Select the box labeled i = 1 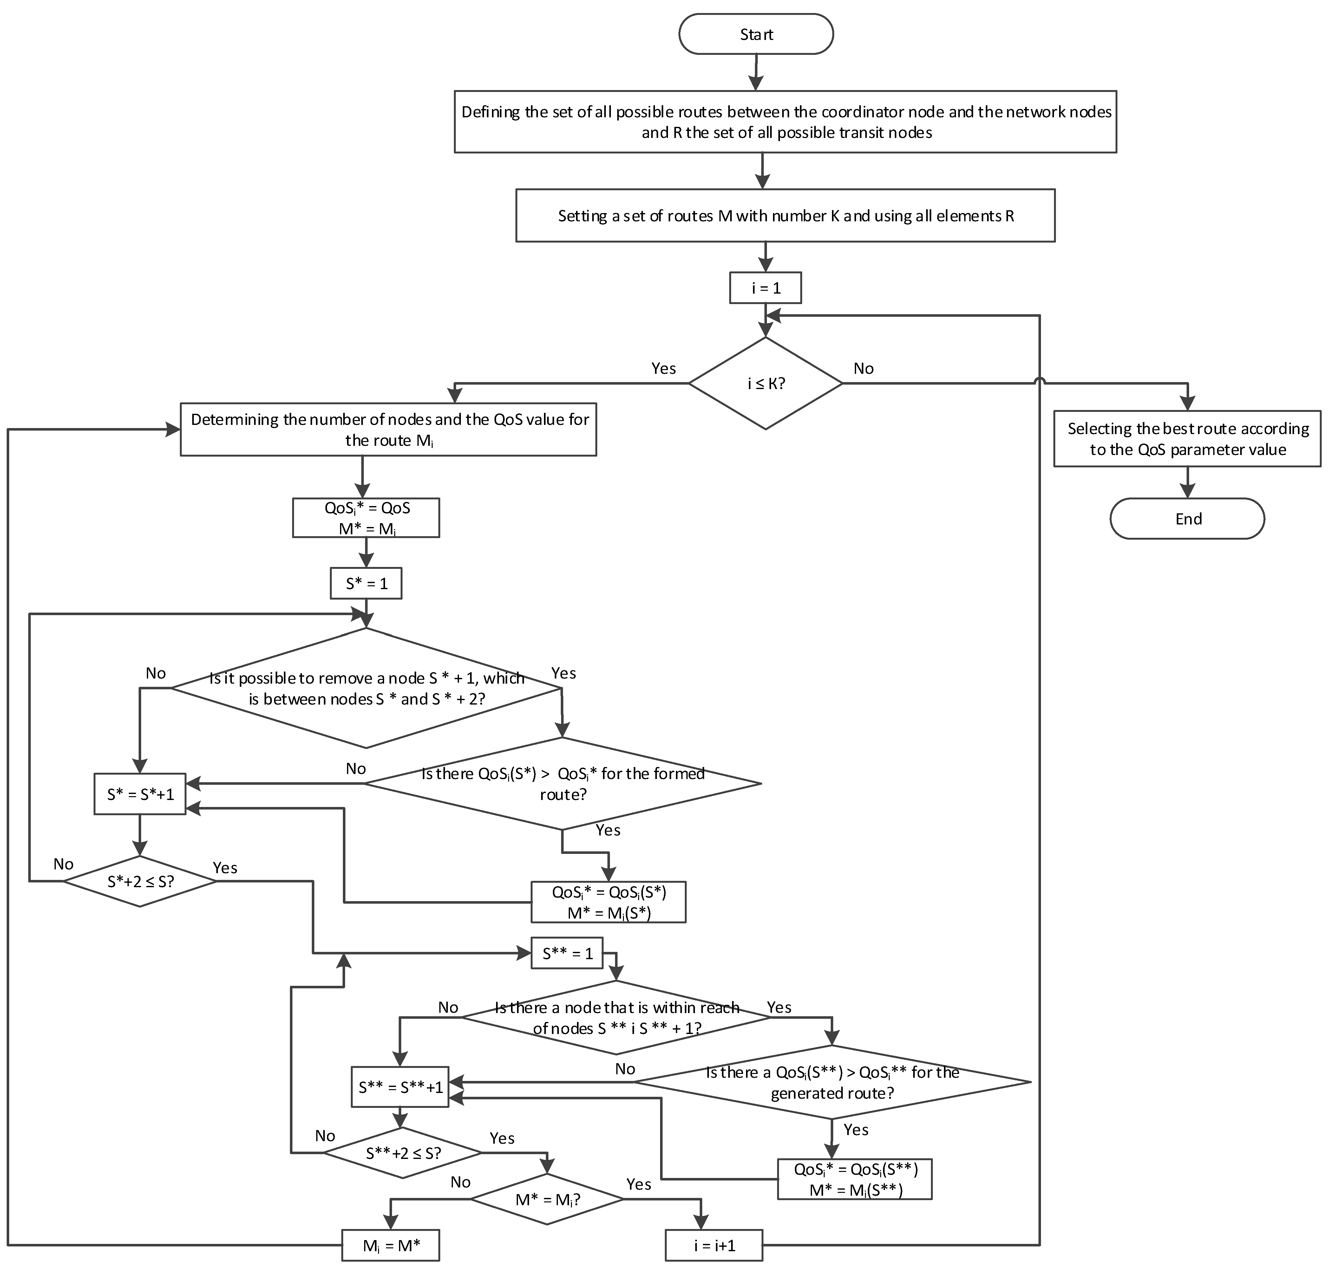coord(765,288)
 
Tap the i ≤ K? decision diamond coord(765,383)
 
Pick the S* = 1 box coord(366,583)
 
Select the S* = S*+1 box coord(140,794)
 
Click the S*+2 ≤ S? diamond coord(140,881)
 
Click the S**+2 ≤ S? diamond coord(403,1153)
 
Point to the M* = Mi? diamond coord(547,1200)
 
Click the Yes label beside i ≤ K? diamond coord(663,368)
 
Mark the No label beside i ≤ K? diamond coord(863,368)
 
